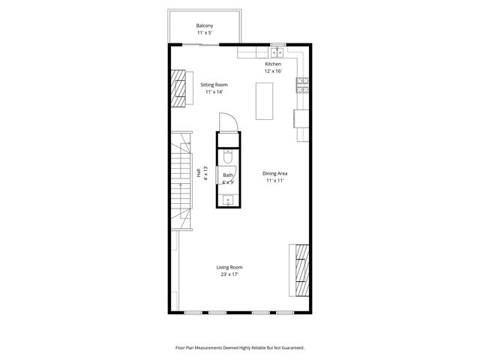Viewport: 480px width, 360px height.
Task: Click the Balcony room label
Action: [204, 26]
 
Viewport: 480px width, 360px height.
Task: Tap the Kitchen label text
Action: [273, 64]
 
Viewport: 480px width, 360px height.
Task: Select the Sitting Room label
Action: [214, 85]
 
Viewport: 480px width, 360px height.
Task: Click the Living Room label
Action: [229, 267]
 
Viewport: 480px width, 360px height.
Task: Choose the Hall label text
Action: [199, 172]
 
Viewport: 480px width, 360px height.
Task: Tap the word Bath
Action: [227, 175]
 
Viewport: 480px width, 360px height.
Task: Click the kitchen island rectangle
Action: [264, 100]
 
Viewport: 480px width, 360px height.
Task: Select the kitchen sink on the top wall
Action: [276, 52]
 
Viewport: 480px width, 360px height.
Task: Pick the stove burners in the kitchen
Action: [302, 85]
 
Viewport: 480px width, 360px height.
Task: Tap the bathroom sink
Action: [228, 199]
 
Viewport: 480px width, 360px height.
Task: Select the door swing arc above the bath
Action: [227, 122]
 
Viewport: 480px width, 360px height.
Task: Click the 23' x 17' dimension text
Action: [229, 274]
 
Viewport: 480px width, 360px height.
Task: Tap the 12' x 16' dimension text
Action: [273, 72]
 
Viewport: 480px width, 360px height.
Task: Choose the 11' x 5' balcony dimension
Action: [204, 34]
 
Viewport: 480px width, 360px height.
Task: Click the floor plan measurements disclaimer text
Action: [240, 348]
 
